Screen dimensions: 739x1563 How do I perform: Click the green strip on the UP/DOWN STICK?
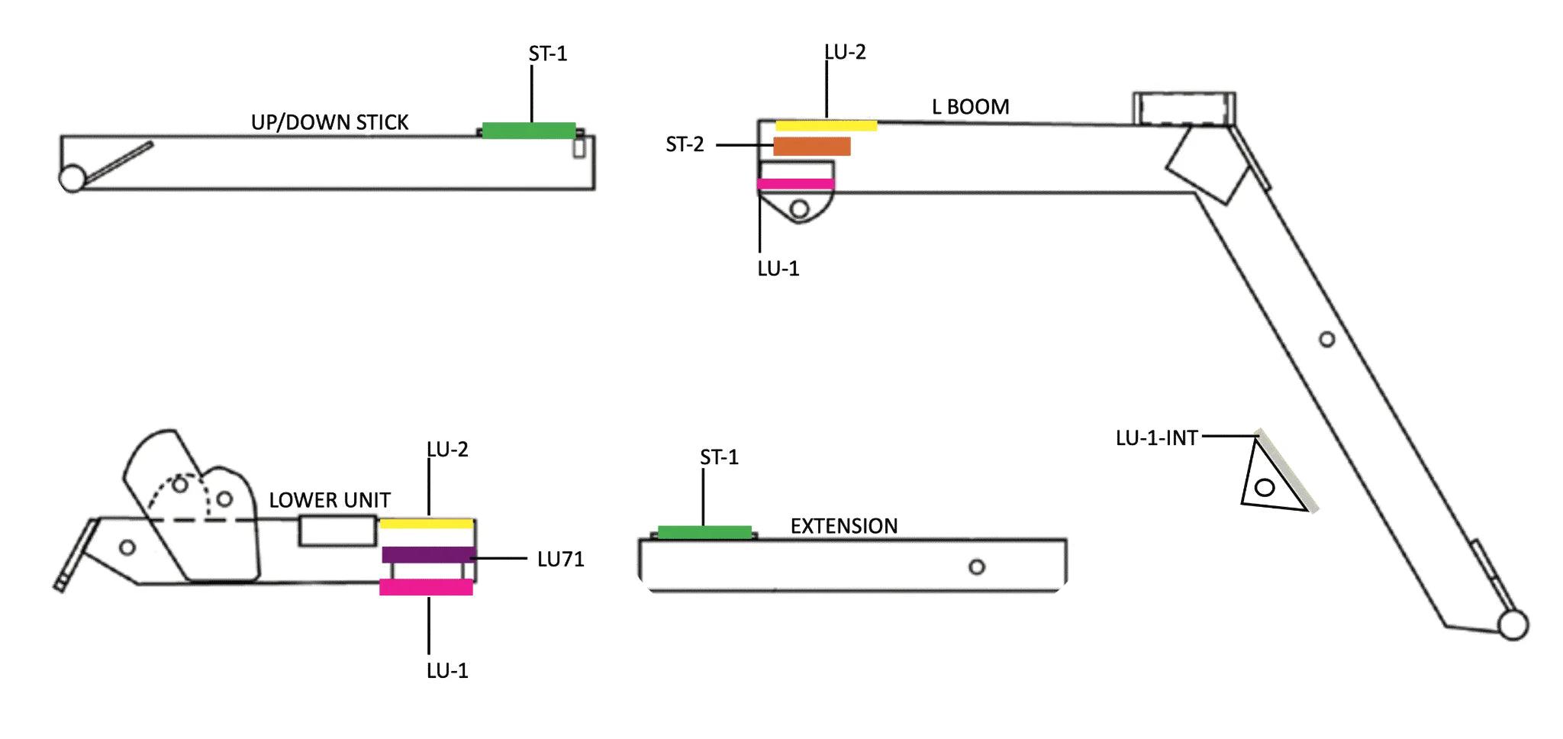[x=528, y=131]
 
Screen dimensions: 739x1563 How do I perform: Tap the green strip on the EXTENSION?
[x=704, y=532]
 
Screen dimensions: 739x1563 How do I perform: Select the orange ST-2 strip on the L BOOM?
[x=812, y=146]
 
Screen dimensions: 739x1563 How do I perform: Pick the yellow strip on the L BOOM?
[x=826, y=125]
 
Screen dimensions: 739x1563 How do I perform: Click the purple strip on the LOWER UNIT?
[x=428, y=555]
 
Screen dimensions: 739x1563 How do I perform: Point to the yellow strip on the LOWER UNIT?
[x=426, y=523]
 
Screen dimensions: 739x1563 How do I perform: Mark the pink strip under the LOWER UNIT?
[x=426, y=587]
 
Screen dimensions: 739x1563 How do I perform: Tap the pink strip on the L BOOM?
[x=794, y=184]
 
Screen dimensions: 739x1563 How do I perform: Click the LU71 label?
[x=560, y=560]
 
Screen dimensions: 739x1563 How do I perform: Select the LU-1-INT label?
[x=1155, y=438]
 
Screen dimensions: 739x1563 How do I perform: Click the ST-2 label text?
[x=685, y=144]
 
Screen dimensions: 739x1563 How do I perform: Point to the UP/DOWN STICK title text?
[x=330, y=122]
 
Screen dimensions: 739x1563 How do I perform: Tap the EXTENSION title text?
[x=843, y=526]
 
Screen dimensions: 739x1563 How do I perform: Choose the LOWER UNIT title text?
[x=330, y=500]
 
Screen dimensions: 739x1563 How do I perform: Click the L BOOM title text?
[x=970, y=107]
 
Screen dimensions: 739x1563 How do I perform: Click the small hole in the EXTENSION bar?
[x=977, y=567]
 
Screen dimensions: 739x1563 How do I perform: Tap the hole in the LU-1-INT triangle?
[x=1265, y=486]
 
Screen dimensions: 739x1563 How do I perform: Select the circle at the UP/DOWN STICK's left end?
[x=72, y=179]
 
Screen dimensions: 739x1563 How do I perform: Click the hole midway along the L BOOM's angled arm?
[x=1326, y=340]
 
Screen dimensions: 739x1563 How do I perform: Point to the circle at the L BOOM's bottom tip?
[x=1513, y=625]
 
